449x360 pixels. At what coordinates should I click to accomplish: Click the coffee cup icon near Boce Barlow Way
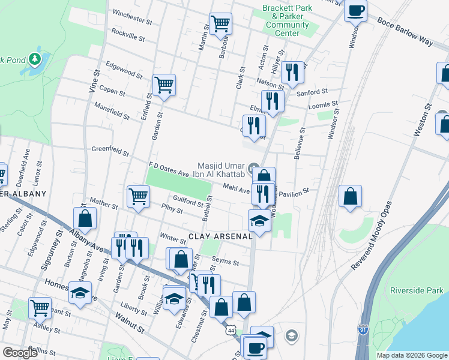pos(355,10)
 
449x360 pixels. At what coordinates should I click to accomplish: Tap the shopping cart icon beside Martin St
pos(221,24)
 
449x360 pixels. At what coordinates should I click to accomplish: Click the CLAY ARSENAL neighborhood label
pos(221,236)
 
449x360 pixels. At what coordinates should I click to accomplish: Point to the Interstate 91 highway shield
pos(362,329)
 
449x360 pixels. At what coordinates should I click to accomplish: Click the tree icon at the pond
pos(35,58)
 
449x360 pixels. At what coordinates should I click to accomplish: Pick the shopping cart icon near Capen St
pos(163,85)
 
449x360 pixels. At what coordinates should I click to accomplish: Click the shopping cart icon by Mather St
pos(138,196)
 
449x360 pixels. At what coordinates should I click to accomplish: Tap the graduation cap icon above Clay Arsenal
pos(259,221)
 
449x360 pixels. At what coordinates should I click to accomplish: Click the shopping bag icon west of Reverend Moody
pos(351,196)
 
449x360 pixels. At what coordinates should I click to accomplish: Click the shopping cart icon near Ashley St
pos(40,308)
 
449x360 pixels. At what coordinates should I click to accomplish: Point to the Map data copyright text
pos(411,355)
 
